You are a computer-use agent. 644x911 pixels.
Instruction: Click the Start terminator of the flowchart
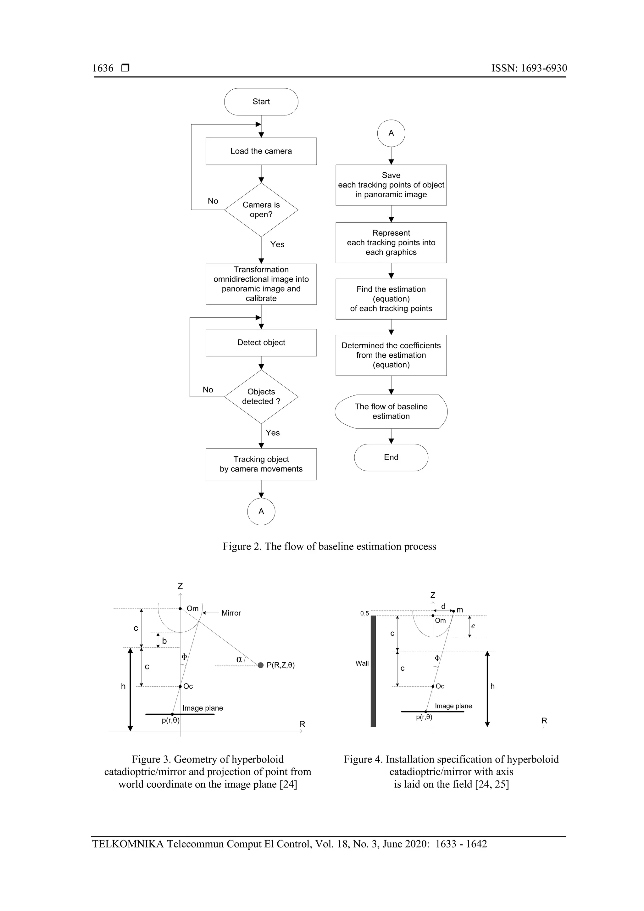(261, 102)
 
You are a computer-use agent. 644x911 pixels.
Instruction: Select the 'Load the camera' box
(261, 151)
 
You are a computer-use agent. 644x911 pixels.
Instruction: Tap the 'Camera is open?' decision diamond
(261, 210)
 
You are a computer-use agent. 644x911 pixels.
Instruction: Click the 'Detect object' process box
(261, 343)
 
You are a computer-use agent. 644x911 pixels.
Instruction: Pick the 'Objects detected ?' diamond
(261, 396)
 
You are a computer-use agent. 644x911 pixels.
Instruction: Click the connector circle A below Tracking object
(261, 511)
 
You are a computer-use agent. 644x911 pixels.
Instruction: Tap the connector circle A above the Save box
(391, 133)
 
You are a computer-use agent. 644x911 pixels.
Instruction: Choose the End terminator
(391, 457)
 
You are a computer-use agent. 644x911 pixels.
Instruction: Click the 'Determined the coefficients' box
(391, 355)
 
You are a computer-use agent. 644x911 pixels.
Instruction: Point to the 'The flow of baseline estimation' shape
(391, 411)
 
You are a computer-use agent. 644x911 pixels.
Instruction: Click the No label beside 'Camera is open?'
(213, 201)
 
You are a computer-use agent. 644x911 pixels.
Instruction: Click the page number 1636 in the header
(103, 68)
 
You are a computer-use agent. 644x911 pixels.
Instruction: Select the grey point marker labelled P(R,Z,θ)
(261, 665)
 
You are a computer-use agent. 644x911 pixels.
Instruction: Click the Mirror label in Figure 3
(231, 613)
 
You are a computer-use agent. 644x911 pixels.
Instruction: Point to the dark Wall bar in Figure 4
(373, 671)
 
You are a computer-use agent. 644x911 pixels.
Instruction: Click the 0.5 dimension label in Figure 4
(364, 613)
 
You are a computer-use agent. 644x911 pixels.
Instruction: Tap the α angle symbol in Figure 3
(239, 659)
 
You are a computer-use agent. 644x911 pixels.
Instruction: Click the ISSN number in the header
(529, 68)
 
